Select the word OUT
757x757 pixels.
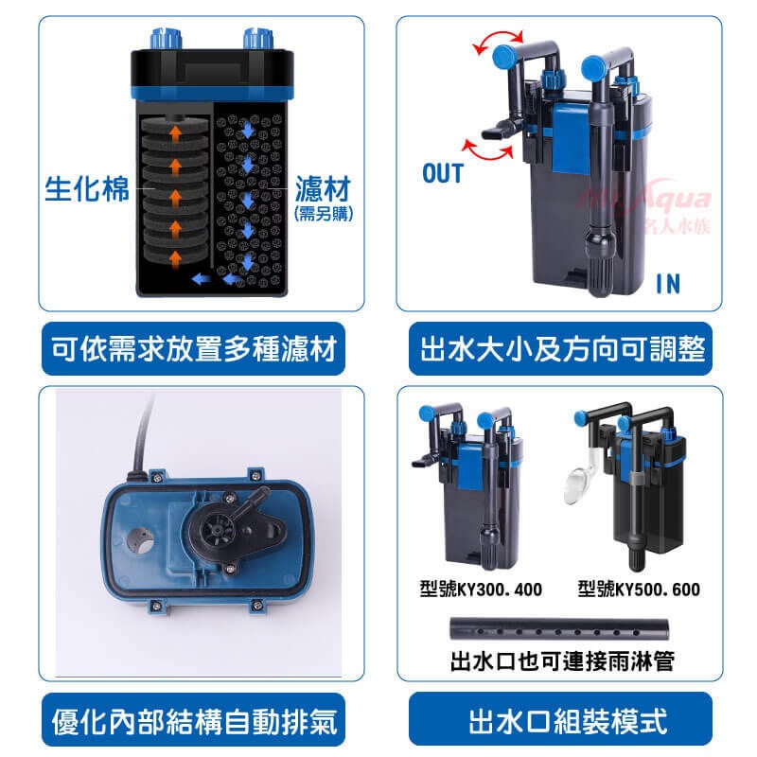[442, 173]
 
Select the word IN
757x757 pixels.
[668, 283]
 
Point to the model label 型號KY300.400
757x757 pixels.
[481, 590]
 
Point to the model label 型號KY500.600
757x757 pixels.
[639, 590]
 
